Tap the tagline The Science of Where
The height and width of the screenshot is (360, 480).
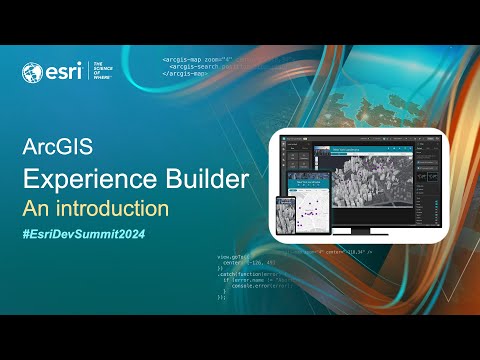pyautogui.click(x=106, y=72)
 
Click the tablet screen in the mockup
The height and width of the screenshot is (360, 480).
pyautogui.click(x=313, y=197)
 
